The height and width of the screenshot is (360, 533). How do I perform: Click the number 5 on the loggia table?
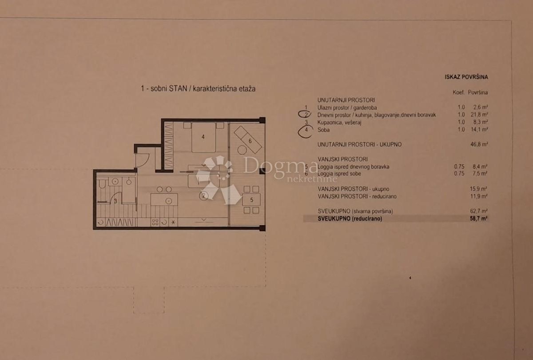click(x=251, y=200)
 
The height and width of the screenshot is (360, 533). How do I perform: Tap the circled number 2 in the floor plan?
click(x=203, y=195)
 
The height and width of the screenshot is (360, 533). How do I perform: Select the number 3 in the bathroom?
click(x=115, y=201)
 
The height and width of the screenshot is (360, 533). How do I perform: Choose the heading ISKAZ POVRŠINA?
click(x=466, y=77)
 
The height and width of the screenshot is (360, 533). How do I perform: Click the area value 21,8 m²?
click(x=479, y=115)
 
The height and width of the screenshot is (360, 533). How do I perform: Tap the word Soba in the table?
click(x=324, y=129)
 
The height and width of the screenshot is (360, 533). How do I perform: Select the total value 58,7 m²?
click(x=479, y=219)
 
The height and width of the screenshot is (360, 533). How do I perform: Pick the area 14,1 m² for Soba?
click(x=479, y=129)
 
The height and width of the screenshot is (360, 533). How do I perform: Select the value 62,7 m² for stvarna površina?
click(x=479, y=211)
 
